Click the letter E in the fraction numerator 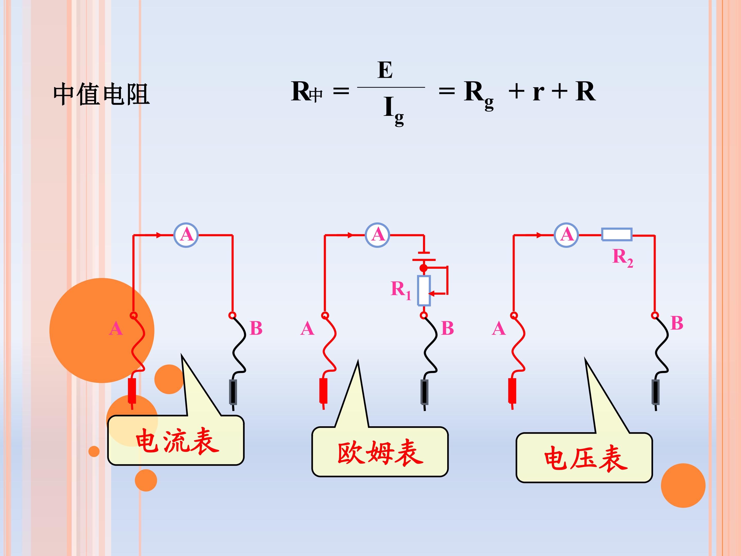pos(385,70)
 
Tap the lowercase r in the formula pos(538,92)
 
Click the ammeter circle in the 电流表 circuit pos(186,235)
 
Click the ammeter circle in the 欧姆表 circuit pos(377,235)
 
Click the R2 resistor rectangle pos(617,234)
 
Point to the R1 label pos(401,290)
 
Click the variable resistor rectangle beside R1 pos(424,291)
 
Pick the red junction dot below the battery pos(424,268)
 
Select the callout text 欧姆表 pos(381,453)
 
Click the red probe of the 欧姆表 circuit pos(323,392)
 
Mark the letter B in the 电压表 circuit pos(677,323)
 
